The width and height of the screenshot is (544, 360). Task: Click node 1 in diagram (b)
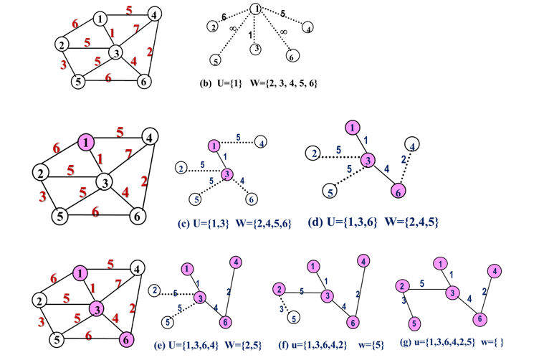click(256, 9)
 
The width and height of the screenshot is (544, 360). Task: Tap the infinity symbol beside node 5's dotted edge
click(233, 29)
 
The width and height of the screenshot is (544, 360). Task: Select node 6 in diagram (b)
click(292, 56)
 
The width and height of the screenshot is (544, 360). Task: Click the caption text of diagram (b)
click(259, 83)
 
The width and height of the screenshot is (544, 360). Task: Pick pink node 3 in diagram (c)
click(227, 174)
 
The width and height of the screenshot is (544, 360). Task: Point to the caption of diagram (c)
click(234, 223)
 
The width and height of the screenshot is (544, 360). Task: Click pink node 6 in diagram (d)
click(398, 191)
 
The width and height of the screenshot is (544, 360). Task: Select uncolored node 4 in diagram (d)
click(412, 144)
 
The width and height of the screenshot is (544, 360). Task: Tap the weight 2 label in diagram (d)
click(404, 159)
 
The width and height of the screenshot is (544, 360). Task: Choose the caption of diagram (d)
click(373, 222)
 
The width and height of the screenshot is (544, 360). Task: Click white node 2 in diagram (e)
click(155, 290)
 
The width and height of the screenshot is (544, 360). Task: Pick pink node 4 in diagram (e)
click(236, 262)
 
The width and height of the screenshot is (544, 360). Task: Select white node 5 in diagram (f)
click(294, 318)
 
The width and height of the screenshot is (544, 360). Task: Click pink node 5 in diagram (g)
click(414, 323)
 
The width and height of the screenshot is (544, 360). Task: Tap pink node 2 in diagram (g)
click(402, 286)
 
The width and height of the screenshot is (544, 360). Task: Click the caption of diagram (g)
click(452, 342)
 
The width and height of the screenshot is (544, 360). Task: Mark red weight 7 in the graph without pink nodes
click(136, 29)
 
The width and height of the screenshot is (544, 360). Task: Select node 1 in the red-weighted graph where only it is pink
click(86, 142)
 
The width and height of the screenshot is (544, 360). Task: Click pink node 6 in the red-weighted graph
click(126, 339)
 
